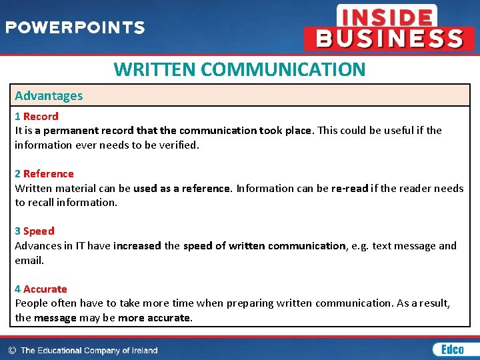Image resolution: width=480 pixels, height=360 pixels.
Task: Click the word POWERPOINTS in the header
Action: click(75, 28)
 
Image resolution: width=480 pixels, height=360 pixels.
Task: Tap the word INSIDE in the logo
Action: click(387, 16)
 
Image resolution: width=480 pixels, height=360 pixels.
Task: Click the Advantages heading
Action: click(49, 95)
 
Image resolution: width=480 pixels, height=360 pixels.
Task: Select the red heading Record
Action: click(41, 116)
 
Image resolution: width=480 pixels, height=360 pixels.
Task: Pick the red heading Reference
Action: click(48, 174)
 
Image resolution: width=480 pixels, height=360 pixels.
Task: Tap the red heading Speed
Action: click(39, 231)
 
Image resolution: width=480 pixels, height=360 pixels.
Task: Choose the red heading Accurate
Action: click(45, 289)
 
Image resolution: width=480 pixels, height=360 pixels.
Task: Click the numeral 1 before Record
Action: click(18, 116)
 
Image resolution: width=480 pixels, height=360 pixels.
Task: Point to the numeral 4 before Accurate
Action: click(18, 289)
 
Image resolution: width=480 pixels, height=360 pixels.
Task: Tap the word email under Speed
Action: click(29, 260)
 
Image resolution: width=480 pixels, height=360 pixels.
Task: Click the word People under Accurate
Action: click(31, 303)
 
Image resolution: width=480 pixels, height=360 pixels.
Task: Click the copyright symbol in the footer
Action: click(12, 350)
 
